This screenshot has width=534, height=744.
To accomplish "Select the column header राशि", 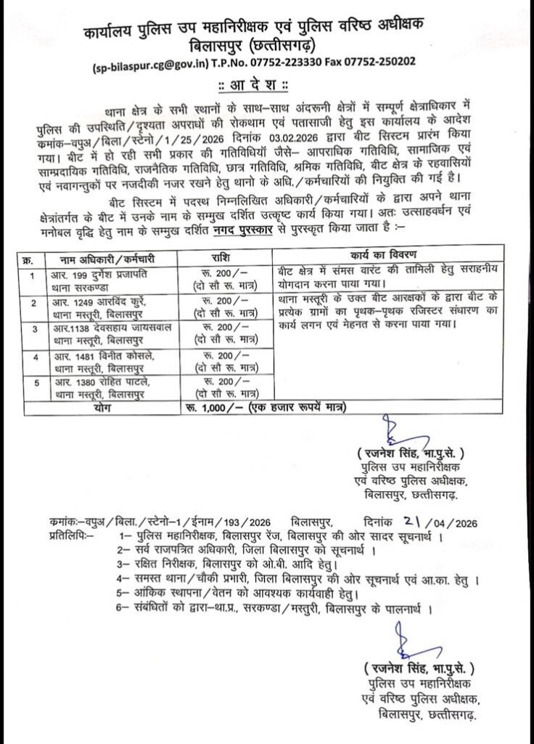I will [224, 258].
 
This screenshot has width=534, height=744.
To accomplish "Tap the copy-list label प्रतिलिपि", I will [67, 535].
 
